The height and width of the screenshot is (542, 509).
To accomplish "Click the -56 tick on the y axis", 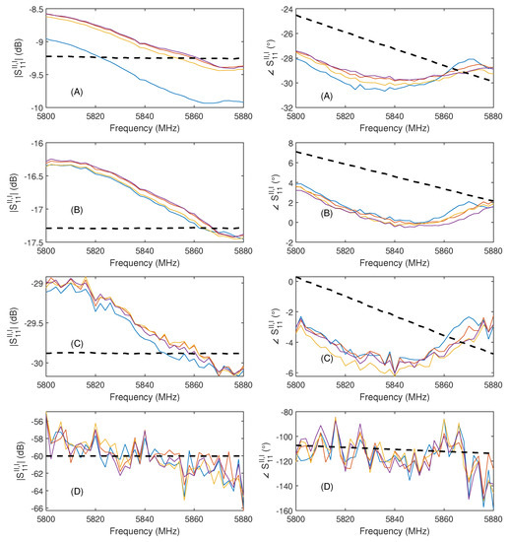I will [35, 419].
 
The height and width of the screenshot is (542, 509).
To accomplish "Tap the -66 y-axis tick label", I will [35, 504].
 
